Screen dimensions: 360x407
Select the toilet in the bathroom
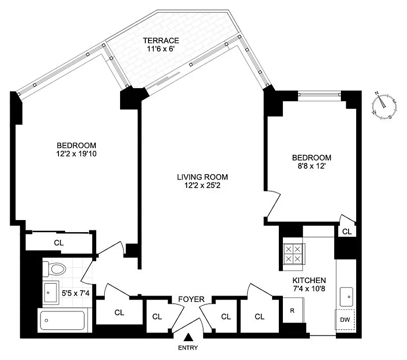click(x=54, y=269)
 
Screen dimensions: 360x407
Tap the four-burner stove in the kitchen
click(x=293, y=254)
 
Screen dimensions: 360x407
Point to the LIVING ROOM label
click(x=202, y=177)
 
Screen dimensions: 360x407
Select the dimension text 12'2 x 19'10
click(x=76, y=153)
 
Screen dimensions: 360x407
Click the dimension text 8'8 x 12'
click(x=311, y=166)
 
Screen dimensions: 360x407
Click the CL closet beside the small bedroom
click(x=347, y=232)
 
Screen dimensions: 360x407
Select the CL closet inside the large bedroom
click(x=59, y=243)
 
